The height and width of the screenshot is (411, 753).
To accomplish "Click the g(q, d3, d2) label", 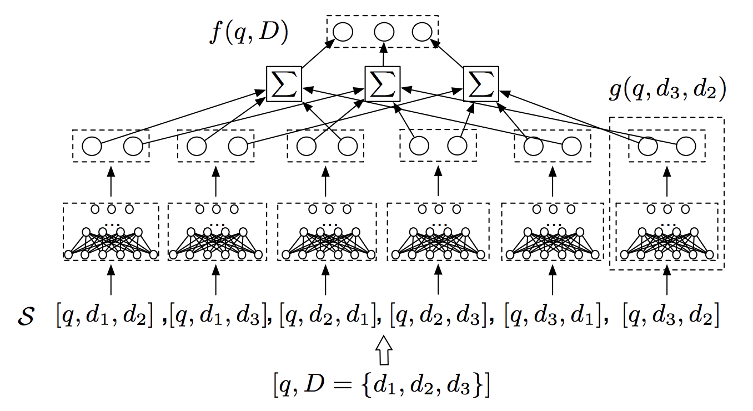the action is (x=667, y=89).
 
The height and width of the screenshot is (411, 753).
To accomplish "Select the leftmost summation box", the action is (x=284, y=84).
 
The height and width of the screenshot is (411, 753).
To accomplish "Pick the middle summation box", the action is (x=383, y=84).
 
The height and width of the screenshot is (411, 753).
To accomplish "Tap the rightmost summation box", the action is (x=481, y=84).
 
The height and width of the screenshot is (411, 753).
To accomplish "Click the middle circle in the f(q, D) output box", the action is (x=384, y=32).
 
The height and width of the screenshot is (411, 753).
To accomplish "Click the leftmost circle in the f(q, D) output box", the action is (x=343, y=32).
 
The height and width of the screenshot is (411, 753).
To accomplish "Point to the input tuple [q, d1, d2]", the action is (x=105, y=315).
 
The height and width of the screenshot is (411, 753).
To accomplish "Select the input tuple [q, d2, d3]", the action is (x=438, y=315).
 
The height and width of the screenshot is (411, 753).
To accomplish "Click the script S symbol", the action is (x=26, y=316).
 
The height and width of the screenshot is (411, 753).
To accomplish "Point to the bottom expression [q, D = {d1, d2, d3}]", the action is (x=382, y=385).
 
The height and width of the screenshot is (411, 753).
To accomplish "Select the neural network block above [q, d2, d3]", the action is (x=438, y=232).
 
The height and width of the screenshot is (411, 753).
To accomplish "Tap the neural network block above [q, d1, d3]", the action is (x=217, y=232).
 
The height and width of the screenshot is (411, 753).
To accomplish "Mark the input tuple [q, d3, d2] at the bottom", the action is (x=671, y=315).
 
